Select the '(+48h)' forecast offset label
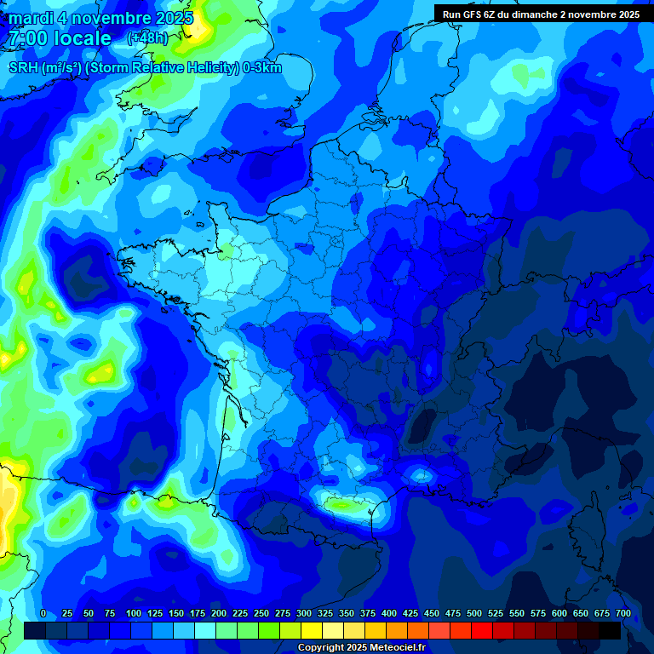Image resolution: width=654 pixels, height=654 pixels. click(x=147, y=37)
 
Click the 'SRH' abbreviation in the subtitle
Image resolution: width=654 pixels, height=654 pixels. click(x=23, y=68)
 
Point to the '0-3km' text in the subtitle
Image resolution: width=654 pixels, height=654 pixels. click(x=262, y=68)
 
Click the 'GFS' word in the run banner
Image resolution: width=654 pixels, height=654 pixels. click(x=471, y=14)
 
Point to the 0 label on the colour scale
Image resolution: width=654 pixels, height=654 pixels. click(x=43, y=613)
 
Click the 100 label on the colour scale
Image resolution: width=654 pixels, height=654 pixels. click(x=134, y=613)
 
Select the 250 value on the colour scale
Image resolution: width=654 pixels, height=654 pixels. click(x=261, y=613)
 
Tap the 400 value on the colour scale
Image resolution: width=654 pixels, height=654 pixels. click(x=389, y=613)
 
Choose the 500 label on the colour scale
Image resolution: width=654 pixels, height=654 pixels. click(x=474, y=613)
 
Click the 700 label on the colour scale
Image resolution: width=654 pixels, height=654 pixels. click(x=623, y=613)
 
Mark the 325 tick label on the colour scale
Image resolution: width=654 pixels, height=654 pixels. click(x=325, y=613)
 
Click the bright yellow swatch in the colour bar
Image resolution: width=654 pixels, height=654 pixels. click(x=312, y=630)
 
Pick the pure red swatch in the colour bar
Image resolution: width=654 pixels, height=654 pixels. click(x=482, y=630)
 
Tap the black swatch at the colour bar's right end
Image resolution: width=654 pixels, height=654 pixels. click(x=610, y=630)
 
